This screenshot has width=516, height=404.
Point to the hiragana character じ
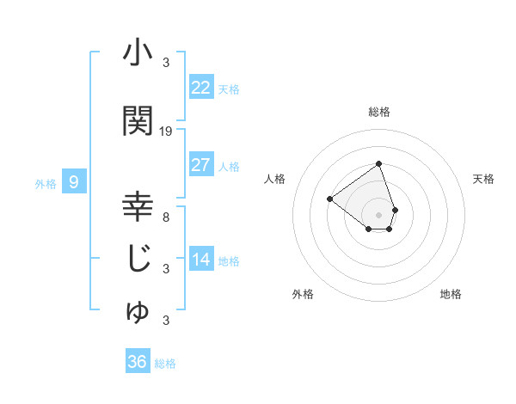(138, 260)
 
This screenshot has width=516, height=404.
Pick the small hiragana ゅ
(138, 312)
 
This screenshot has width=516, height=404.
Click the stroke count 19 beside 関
(166, 132)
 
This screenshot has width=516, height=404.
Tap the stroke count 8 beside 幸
(166, 217)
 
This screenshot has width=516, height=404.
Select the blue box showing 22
(200, 88)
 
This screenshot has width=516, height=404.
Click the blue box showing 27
(200, 165)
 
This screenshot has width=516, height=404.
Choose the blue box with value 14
(200, 260)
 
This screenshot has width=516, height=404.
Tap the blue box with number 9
(74, 182)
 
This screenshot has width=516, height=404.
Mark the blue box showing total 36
(137, 362)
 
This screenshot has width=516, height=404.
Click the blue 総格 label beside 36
(165, 364)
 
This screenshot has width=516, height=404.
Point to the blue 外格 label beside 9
(46, 183)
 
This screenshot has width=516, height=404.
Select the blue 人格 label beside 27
(229, 166)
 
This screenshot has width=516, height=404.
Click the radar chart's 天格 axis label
(484, 179)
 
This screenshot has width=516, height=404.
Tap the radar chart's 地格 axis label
(451, 294)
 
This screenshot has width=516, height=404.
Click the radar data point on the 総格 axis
(378, 164)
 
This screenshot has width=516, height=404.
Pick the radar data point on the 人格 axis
(330, 199)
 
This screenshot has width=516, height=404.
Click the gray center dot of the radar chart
(378, 214)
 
